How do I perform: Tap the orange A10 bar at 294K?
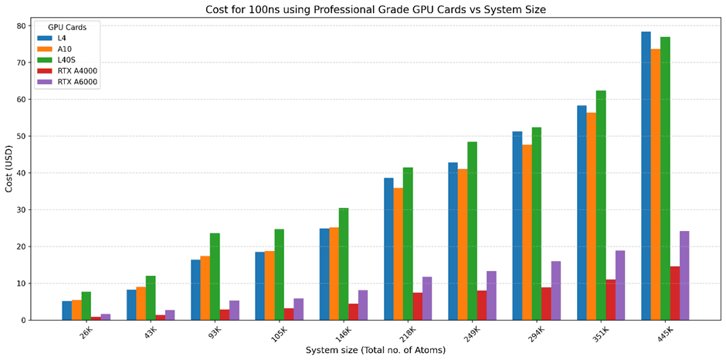coord(527,233)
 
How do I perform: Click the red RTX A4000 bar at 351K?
coord(610,300)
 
